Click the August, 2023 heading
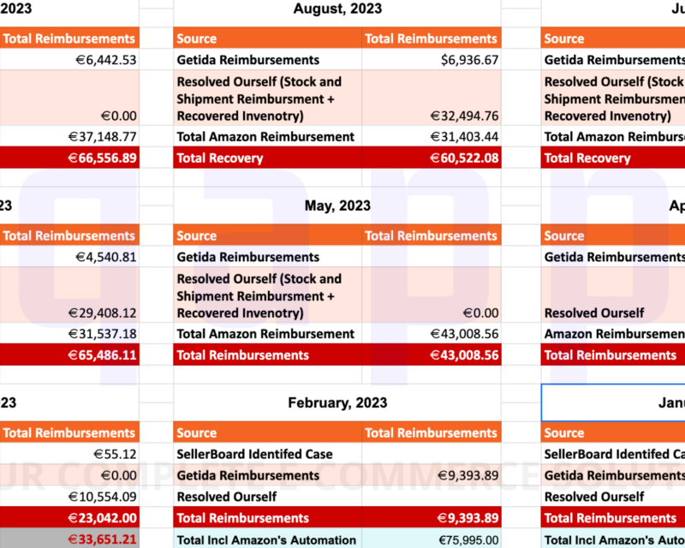point(337,9)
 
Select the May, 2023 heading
point(337,206)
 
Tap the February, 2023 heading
point(337,403)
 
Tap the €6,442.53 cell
point(102,60)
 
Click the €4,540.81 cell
point(102,257)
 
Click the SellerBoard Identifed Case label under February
point(255,454)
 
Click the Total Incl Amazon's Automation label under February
point(266,539)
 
